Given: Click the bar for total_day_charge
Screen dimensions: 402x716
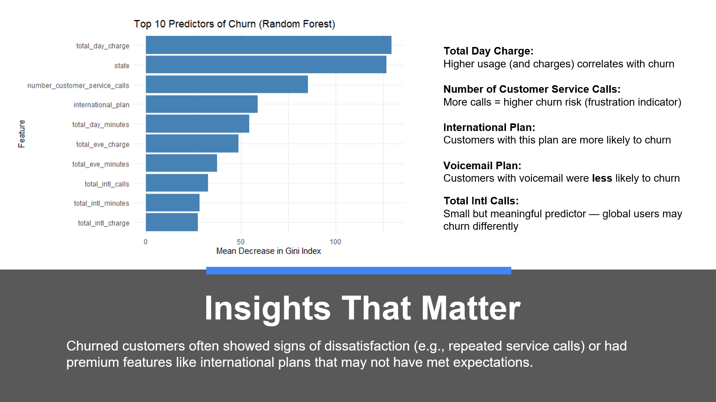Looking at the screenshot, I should (268, 45).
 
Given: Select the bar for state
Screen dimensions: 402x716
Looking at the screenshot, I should (266, 65).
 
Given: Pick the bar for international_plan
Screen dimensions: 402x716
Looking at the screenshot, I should (201, 104).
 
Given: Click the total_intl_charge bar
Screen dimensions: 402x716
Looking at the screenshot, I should (171, 222).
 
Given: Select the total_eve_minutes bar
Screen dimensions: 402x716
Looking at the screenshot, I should (181, 163).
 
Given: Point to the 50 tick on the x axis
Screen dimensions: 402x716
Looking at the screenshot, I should (241, 242).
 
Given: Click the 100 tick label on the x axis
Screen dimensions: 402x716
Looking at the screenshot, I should (335, 242).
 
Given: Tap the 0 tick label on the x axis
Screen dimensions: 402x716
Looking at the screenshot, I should (146, 242).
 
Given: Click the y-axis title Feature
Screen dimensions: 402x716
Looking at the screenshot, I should (22, 134).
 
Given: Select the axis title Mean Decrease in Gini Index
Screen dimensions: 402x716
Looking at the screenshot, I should (268, 251).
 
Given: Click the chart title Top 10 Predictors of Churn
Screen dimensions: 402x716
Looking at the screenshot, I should (234, 24).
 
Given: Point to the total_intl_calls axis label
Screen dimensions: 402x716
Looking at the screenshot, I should (107, 184).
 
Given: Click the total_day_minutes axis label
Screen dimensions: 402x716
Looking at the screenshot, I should (101, 125).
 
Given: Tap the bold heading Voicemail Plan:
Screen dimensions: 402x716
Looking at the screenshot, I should (482, 165).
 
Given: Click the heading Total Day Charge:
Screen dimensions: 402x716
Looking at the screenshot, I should (488, 51).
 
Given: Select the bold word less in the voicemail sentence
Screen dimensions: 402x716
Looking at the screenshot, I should (602, 178).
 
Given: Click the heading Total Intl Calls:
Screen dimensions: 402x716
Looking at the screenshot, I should (481, 201).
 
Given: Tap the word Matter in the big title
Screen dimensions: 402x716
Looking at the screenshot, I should (471, 309).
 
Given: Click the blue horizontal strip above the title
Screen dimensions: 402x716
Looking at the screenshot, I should (358, 270).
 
